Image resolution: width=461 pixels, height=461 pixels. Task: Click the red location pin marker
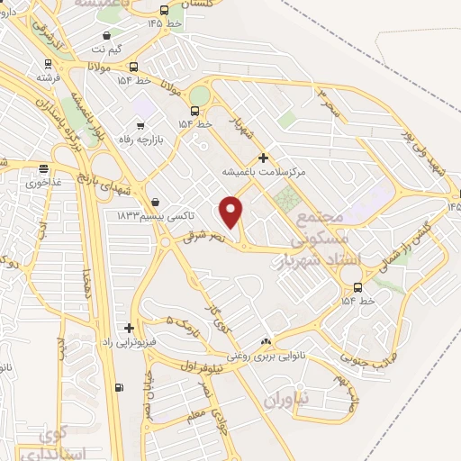231,211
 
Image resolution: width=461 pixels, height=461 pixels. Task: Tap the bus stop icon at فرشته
47,65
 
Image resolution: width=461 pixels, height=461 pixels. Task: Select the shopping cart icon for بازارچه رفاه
140,127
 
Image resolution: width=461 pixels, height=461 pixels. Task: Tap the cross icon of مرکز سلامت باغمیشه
262,158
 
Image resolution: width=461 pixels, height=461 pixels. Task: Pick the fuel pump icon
118,388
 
